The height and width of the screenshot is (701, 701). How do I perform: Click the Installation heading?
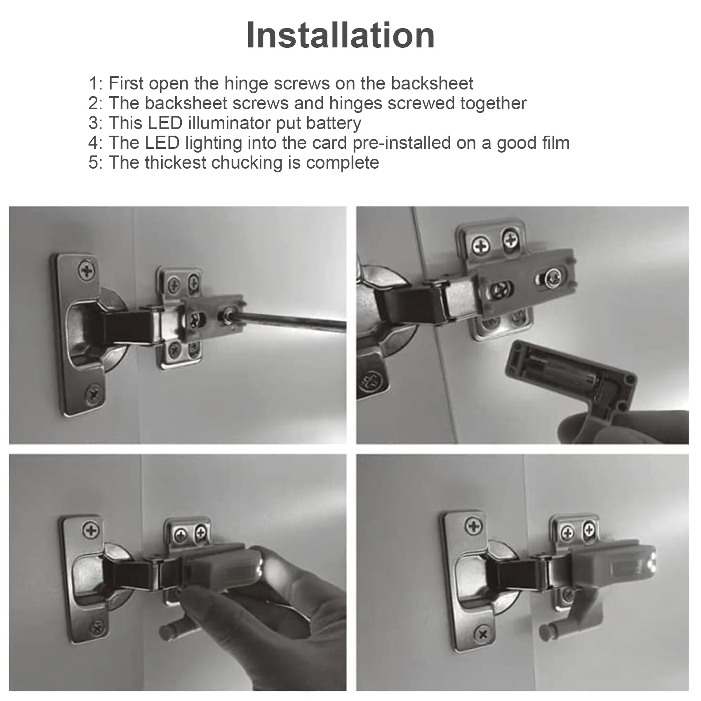click(340, 35)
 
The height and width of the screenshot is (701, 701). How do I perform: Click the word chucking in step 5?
click(247, 163)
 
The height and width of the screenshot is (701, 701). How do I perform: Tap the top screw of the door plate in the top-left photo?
click(87, 271)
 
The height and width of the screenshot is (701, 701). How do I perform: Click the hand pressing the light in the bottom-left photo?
click(264, 610)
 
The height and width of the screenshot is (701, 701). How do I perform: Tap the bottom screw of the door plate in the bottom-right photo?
click(483, 645)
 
